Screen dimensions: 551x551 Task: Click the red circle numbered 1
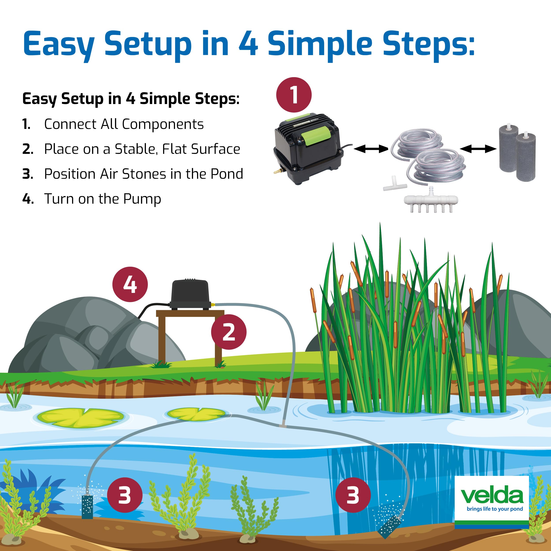coord(294,95)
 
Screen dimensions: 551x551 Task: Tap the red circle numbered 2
coord(229,332)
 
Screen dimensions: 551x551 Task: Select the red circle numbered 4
coord(130,284)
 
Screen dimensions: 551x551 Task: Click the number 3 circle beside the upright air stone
coord(125,495)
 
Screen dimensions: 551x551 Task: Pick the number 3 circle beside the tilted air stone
coord(353,495)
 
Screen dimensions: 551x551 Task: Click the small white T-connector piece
coord(392,183)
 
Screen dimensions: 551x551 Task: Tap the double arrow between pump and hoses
coord(371,149)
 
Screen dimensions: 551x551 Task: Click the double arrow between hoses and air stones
coord(478,149)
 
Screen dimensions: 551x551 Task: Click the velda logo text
coord(492,496)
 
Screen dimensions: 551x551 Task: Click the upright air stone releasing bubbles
coord(87,506)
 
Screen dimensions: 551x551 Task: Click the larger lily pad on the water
coord(81,417)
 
